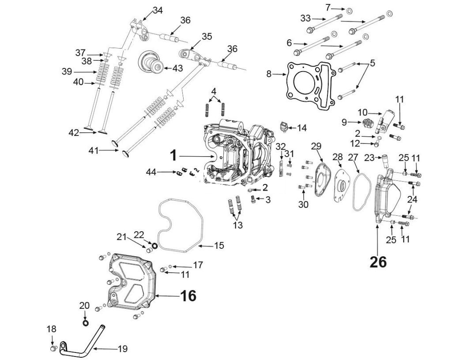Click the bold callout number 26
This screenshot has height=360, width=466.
pos(378,262)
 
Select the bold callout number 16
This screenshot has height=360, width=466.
pos(188,295)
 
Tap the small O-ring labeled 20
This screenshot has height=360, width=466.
pos(85,323)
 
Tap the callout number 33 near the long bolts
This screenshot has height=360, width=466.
pos(305,18)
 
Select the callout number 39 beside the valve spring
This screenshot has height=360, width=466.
pos(66,72)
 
